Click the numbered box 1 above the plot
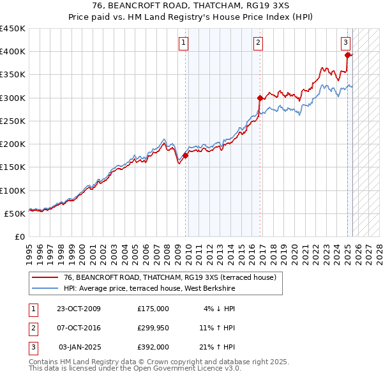[x=183, y=43]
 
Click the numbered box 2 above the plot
[x=258, y=43]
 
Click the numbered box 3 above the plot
[x=345, y=43]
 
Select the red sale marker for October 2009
[x=186, y=155]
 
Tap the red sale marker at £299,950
[x=260, y=98]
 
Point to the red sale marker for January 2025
[x=348, y=55]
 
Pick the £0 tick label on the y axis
[x=19, y=236]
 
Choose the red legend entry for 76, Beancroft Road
[x=169, y=277]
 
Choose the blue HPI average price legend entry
[x=149, y=289]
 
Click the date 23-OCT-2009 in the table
[x=79, y=309]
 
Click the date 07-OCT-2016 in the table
[x=79, y=328]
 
